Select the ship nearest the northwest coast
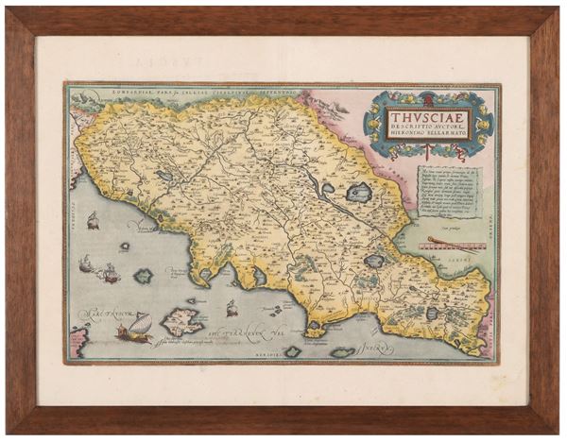[94, 221]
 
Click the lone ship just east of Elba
[230, 305]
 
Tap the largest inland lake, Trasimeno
[359, 194]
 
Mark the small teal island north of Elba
[144, 276]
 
